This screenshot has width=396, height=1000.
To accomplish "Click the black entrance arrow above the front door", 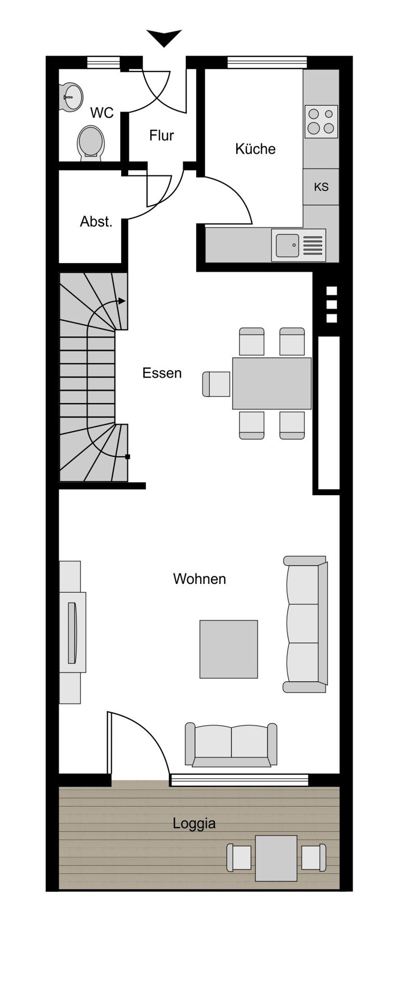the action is point(164,37).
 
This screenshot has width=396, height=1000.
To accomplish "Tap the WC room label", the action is point(101,113).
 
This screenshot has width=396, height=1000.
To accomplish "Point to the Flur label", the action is point(161,135).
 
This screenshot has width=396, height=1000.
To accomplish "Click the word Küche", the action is point(255,149).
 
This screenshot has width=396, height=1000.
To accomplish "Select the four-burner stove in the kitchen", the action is point(321,121).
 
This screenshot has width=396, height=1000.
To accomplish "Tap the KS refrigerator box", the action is point(321,186).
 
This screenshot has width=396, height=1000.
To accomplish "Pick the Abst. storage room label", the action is point(96,221).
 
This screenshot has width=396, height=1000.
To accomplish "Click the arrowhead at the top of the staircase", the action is point(122,301).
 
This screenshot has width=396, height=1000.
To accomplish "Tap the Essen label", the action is point(162,373).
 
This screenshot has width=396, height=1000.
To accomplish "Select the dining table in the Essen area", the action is point(272,383).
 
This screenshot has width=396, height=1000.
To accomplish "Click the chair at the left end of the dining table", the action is point(216,384).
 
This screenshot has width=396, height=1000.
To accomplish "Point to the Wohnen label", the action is point(199,579).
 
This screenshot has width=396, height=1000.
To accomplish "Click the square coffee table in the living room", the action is point(228,649).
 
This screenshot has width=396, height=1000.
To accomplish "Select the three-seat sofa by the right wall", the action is point(305,624).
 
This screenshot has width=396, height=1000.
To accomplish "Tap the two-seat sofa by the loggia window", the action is point(231,745).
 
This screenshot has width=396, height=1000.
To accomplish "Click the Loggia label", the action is point(194,823).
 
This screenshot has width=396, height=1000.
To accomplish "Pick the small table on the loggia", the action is point(276,858).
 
